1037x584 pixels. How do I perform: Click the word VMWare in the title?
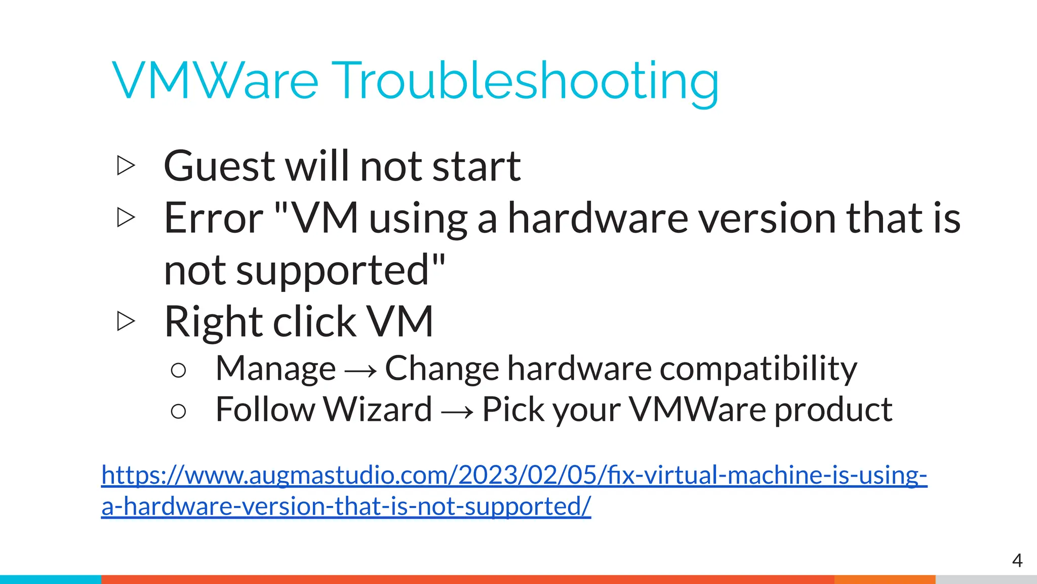(x=215, y=81)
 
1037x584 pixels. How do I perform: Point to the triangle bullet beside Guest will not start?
(x=126, y=166)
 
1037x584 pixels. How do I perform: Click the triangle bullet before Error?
(x=126, y=217)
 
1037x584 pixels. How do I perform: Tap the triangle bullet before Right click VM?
(x=126, y=321)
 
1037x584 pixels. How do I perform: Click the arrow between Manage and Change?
(x=361, y=371)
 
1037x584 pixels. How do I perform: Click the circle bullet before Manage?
(x=178, y=371)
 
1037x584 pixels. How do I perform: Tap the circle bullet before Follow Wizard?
(x=178, y=411)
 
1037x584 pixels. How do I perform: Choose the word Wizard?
(x=377, y=409)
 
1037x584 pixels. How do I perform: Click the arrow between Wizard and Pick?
(x=457, y=411)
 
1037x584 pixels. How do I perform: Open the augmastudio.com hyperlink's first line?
(x=514, y=475)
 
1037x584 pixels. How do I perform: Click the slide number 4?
(x=1017, y=560)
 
